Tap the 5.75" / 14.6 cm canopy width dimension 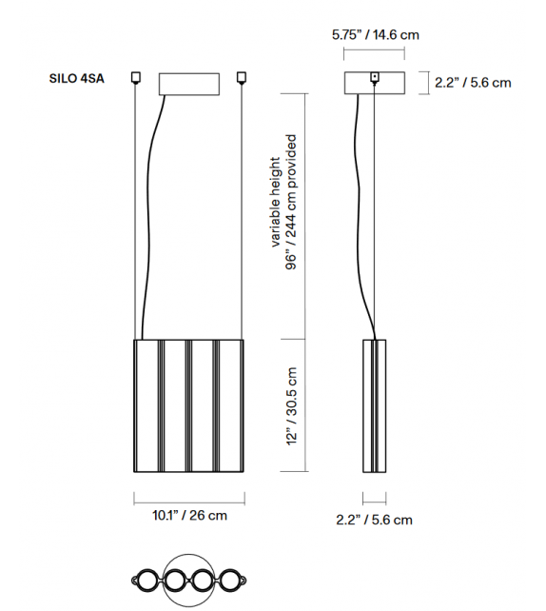click(x=375, y=35)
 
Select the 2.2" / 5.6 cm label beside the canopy click(x=473, y=83)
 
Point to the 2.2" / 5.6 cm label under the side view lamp click(x=374, y=520)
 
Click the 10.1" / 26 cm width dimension click(x=189, y=516)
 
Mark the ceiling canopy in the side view click(x=375, y=84)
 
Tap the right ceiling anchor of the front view click(x=243, y=77)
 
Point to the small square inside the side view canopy click(x=376, y=76)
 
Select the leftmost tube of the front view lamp click(x=146, y=404)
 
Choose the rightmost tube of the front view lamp click(x=231, y=404)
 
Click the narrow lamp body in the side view click(x=375, y=404)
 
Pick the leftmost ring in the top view click(x=147, y=579)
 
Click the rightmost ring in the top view click(x=231, y=579)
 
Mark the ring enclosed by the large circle click(x=176, y=579)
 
